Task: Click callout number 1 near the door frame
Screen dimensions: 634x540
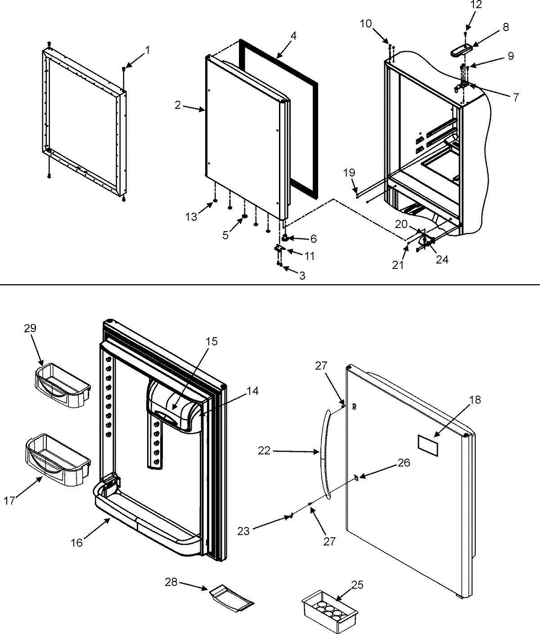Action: tap(147, 50)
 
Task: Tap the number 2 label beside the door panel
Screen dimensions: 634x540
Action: tap(178, 105)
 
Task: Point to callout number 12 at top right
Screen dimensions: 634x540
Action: tap(464, 5)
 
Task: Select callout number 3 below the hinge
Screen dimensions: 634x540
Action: tap(302, 276)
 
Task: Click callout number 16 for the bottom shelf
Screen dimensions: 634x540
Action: tap(77, 543)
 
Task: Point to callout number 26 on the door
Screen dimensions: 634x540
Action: tap(404, 462)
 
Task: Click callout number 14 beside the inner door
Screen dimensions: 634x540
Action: tap(252, 391)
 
